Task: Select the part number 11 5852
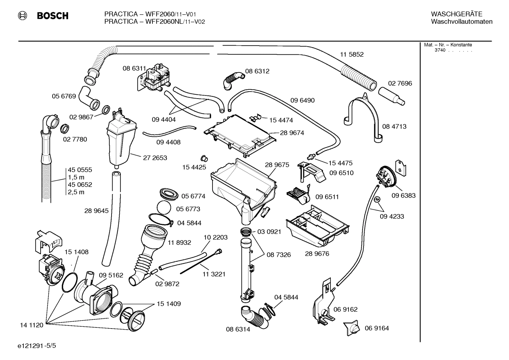[x=352, y=54]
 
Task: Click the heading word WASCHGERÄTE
[x=456, y=14]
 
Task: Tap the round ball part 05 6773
[x=164, y=208]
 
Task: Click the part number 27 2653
[x=155, y=158]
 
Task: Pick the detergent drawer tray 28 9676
[x=318, y=226]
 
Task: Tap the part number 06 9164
[x=377, y=328]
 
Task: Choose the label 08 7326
[x=279, y=255]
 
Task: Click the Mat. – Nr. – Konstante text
[x=448, y=45]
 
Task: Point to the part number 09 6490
[x=302, y=100]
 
